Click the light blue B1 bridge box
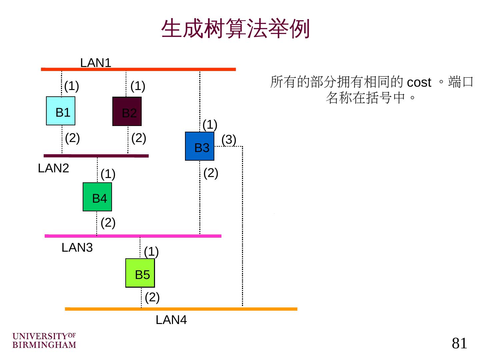pos(61,111)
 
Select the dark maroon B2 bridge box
pos(127,111)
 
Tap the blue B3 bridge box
pos(200,146)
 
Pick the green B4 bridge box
pos(97,197)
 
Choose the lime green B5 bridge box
pos(140,273)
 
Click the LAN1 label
pos(96,63)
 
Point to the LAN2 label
pos(53,168)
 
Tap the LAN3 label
pos(77,248)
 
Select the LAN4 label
pos(171,320)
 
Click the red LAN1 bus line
pos(138,69)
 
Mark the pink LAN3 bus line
pos(133,236)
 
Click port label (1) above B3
pos(210,125)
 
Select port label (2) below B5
pos(152,297)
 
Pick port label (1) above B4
pos(108,174)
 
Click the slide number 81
pos(459,343)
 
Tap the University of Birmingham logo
pos(44,340)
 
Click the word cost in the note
pos(419,82)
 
